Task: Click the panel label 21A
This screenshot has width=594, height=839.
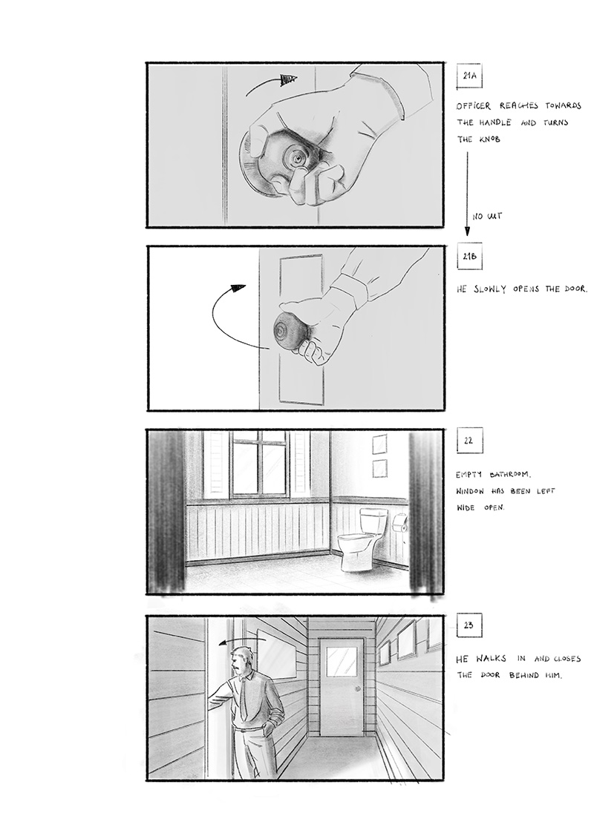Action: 469,76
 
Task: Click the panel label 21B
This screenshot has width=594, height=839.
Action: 469,257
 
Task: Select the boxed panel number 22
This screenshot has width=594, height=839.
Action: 469,441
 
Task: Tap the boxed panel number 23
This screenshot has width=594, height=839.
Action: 469,625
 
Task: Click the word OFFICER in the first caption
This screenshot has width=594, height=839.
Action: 473,106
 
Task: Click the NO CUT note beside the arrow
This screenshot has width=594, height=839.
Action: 487,217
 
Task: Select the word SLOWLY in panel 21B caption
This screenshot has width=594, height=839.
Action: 489,289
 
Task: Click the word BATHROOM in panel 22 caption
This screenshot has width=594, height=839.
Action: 510,474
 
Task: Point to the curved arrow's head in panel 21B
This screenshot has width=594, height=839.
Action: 238,289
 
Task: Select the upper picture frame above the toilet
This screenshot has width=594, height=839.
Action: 379,444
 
